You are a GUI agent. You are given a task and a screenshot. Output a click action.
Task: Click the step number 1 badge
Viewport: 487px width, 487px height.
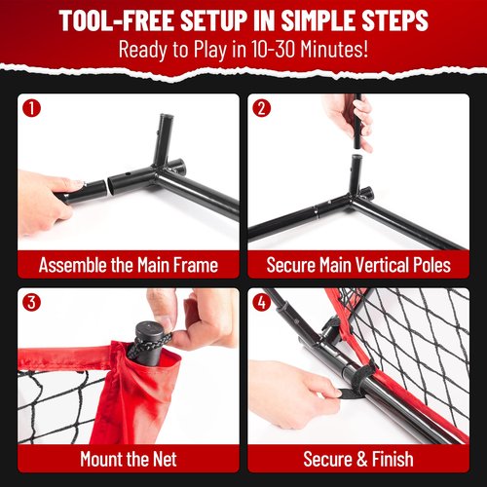pyautogui.click(x=31, y=108)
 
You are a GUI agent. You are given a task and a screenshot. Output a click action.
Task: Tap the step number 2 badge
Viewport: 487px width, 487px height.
pyautogui.click(x=262, y=108)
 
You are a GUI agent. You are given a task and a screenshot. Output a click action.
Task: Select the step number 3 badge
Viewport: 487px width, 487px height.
pyautogui.click(x=31, y=302)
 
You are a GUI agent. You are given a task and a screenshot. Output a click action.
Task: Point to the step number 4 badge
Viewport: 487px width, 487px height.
pyautogui.click(x=262, y=302)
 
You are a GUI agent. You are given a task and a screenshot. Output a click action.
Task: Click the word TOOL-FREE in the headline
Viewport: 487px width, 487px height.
pyautogui.click(x=117, y=20)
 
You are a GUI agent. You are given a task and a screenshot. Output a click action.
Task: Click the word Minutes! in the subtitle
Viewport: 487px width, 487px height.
pyautogui.click(x=334, y=49)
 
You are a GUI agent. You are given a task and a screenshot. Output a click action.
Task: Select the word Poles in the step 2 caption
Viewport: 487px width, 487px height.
pyautogui.click(x=431, y=265)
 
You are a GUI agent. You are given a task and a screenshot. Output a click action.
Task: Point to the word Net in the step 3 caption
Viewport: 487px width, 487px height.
pyautogui.click(x=165, y=459)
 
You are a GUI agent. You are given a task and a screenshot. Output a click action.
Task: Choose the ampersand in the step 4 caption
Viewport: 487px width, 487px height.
pyautogui.click(x=362, y=459)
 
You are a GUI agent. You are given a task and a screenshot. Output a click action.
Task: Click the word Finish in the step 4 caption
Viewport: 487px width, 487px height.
pyautogui.click(x=393, y=459)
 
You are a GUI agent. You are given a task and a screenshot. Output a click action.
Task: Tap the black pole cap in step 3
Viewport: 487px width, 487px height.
pyautogui.click(x=149, y=331)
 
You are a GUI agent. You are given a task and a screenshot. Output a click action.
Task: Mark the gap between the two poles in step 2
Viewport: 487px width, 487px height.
pyautogui.click(x=356, y=151)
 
